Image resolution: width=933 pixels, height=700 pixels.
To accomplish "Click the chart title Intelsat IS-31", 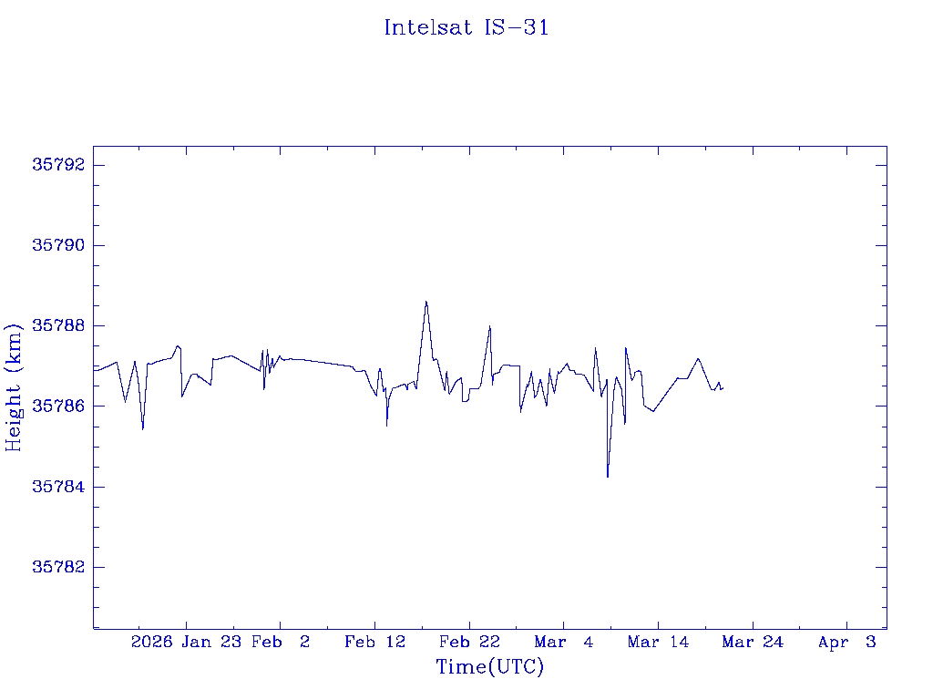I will [466, 28].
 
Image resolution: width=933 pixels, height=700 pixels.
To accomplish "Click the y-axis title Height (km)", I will [14, 386].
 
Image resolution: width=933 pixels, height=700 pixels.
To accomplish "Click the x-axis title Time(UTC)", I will [489, 667].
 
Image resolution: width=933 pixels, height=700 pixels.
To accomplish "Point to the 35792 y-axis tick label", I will [58, 165].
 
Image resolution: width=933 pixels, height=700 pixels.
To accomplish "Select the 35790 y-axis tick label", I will [58, 245].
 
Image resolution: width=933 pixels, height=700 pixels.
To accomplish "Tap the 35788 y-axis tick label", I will [58, 325].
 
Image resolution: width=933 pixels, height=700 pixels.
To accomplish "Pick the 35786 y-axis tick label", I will [58, 406].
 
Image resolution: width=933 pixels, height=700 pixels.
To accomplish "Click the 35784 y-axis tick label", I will [58, 486].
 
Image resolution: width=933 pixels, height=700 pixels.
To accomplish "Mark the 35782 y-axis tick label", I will [58, 566].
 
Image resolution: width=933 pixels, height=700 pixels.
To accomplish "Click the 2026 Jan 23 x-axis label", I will [183, 642].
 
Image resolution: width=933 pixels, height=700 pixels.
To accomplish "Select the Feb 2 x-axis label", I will [281, 642].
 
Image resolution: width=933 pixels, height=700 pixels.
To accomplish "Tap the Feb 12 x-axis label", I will [374, 642].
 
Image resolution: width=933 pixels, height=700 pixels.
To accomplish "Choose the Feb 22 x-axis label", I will [469, 642].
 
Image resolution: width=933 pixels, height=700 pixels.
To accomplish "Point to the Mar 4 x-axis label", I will [564, 642].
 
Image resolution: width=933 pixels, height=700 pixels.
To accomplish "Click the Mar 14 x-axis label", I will [658, 642].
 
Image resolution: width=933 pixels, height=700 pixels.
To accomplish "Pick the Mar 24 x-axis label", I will [753, 642].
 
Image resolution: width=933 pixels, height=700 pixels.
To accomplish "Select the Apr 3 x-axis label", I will [846, 642].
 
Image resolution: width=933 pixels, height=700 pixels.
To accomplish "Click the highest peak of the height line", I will [425, 302].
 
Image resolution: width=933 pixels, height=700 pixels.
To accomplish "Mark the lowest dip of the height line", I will [607, 477].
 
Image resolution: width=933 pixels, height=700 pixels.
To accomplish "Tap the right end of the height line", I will [722, 389].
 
